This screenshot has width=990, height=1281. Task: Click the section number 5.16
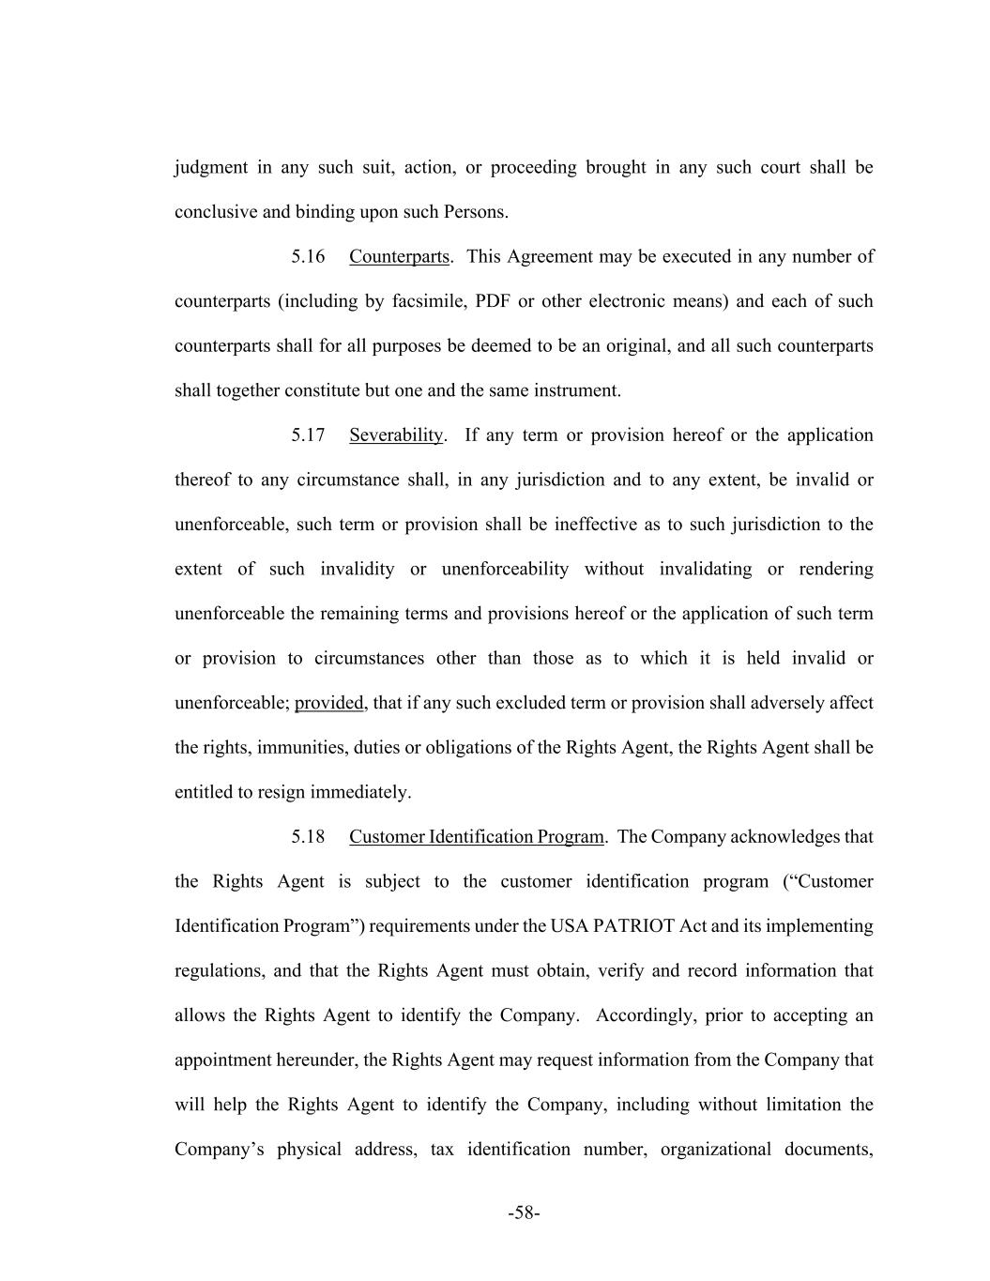tap(308, 257)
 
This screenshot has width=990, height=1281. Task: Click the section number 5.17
tap(308, 435)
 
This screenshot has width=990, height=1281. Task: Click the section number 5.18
tap(308, 837)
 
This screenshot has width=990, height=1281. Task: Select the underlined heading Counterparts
tap(399, 257)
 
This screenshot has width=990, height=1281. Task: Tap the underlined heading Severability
tap(395, 435)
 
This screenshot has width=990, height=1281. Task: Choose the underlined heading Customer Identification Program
tap(476, 837)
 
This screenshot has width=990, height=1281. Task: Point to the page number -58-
tap(524, 1213)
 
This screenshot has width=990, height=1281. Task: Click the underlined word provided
tap(328, 703)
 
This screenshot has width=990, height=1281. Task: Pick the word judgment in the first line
tap(211, 168)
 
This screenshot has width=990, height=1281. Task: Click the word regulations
tap(218, 971)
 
